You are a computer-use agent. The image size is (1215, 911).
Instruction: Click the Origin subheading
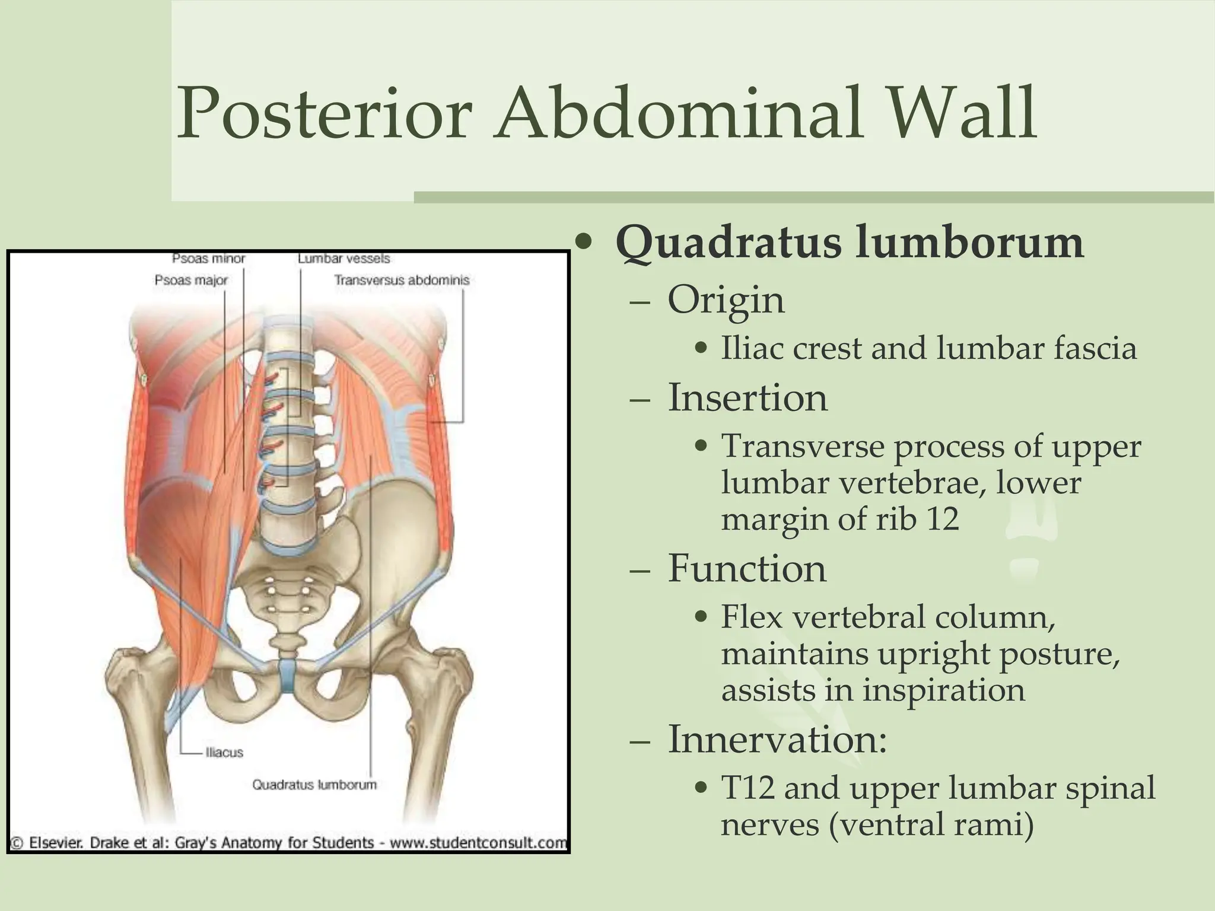click(726, 300)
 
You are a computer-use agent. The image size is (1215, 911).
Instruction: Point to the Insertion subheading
click(747, 397)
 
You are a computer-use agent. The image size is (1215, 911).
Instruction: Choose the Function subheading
click(746, 568)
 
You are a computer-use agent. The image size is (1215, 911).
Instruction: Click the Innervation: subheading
click(777, 740)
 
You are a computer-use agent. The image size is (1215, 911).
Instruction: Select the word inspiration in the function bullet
click(943, 690)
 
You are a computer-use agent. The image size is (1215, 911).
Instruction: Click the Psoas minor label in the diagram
click(208, 259)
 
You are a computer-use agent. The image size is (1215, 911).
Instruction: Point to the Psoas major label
click(191, 280)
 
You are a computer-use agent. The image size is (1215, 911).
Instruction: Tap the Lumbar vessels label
click(344, 259)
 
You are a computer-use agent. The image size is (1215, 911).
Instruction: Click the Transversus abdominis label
click(402, 280)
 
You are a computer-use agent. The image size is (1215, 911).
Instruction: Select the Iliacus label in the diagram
click(224, 753)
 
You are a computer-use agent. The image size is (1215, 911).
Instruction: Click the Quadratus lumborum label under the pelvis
click(314, 785)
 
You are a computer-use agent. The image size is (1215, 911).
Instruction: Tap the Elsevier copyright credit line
click(289, 843)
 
